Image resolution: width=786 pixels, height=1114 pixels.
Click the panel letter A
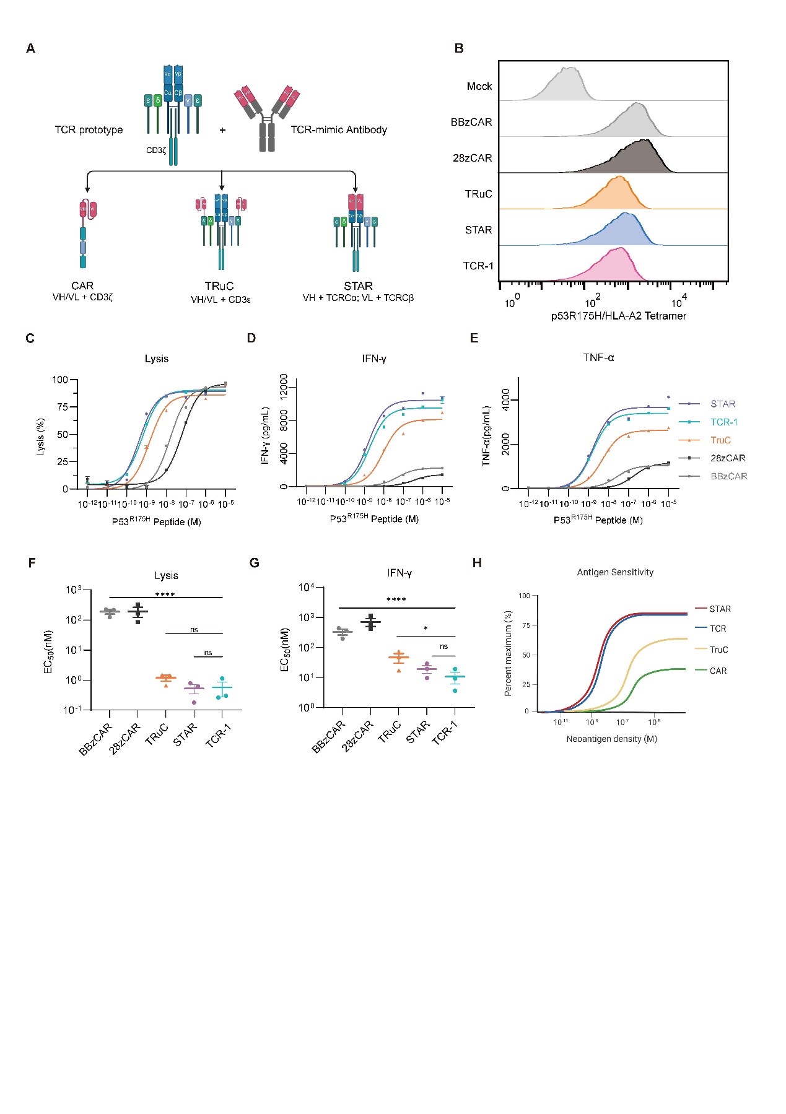pos(30,48)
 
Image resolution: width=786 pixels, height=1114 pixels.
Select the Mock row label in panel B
pos(479,87)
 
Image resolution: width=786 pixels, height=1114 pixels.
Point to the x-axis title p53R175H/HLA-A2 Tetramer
pos(618,316)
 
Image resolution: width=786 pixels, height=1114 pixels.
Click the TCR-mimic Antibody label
pos(339,130)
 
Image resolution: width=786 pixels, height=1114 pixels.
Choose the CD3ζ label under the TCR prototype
pos(156,150)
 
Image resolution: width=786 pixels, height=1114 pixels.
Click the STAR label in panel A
pos(358,286)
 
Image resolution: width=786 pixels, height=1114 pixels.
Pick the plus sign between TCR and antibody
pos(222,131)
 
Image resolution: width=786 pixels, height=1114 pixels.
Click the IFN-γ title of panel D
pos(374,359)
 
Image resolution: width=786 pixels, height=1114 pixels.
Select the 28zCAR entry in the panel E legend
pos(728,458)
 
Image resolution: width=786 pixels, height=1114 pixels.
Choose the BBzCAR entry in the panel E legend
pos(728,476)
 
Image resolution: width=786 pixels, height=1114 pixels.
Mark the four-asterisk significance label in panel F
pos(165,594)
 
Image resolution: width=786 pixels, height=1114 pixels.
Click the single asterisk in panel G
pos(426,629)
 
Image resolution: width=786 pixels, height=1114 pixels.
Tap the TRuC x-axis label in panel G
pos(390,731)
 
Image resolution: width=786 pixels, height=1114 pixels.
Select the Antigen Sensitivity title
pos(615,572)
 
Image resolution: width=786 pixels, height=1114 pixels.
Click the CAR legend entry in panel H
pos(718,671)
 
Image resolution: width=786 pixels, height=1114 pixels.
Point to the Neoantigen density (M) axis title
pos(611,739)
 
